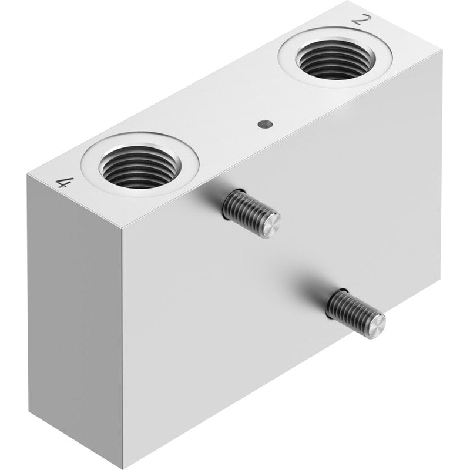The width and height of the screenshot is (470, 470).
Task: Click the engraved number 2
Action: tap(361, 20)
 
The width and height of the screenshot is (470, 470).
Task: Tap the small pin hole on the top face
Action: tap(266, 123)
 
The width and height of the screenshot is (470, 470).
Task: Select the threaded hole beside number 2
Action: tap(335, 59)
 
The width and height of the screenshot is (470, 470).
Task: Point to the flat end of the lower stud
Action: tap(377, 325)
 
